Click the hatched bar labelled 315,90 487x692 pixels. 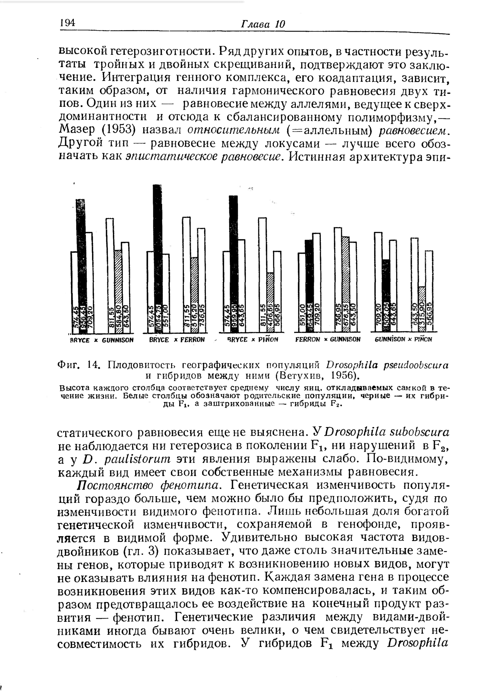[x=422, y=308]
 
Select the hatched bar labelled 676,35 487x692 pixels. [x=345, y=282]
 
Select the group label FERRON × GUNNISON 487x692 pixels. [x=328, y=339]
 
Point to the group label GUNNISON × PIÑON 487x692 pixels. [x=403, y=339]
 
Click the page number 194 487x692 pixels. [x=67, y=23]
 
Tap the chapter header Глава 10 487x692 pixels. [x=263, y=24]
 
